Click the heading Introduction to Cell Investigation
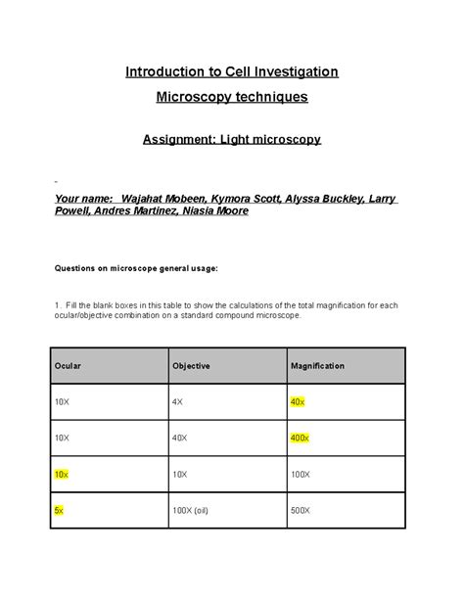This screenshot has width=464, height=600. pos(231,71)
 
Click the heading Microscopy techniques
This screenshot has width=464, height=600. pos(232,97)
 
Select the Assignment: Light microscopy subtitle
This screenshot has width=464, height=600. pos(232,140)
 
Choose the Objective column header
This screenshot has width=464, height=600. pos(191,366)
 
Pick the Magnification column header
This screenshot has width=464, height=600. pos(317,366)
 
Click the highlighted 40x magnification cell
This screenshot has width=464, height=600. pos(298,402)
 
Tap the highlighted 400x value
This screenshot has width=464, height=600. pos(300,438)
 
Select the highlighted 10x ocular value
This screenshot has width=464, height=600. pos(62,474)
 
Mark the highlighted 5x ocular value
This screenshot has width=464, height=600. pos(60,510)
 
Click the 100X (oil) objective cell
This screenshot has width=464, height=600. pos(191,510)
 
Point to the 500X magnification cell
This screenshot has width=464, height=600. pos(302,510)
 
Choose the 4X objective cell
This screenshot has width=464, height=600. pos(178,402)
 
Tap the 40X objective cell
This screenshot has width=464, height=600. pos(181,438)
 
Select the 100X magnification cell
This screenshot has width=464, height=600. pos(302,474)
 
